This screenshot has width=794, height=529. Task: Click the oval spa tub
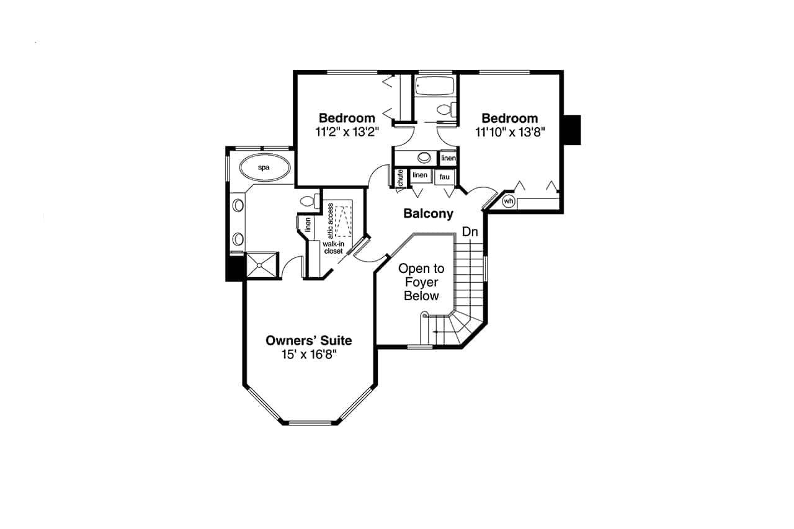(264, 167)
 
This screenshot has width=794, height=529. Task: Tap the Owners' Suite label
(308, 340)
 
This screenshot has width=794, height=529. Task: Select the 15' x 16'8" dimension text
(308, 355)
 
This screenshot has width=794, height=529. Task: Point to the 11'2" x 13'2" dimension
(346, 131)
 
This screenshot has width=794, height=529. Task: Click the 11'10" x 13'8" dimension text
(509, 131)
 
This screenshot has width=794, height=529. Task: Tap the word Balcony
(428, 214)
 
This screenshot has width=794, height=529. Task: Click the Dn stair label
(470, 232)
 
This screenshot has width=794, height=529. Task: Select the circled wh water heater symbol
(508, 201)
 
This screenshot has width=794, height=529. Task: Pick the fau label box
(444, 177)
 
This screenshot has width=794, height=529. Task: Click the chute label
(400, 177)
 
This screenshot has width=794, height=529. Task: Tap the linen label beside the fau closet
(420, 176)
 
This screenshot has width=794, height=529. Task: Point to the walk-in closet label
(334, 247)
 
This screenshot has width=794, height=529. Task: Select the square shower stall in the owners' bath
(262, 266)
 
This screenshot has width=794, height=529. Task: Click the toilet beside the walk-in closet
(308, 201)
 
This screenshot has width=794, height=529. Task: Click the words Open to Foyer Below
(421, 282)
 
